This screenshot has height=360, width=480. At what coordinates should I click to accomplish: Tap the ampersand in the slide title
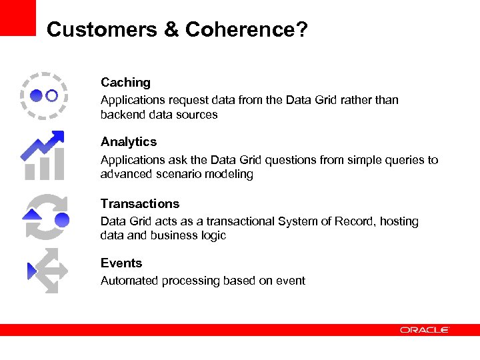(x=169, y=30)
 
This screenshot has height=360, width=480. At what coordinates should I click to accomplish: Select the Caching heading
(x=125, y=83)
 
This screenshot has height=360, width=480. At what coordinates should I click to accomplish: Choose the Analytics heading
(x=129, y=142)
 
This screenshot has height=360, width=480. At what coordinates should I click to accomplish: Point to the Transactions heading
(x=140, y=204)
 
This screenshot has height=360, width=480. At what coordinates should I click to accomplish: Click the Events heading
(x=121, y=263)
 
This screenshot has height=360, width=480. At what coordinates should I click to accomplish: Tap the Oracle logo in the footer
(x=425, y=330)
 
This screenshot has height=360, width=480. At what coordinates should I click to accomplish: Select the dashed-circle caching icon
(x=44, y=95)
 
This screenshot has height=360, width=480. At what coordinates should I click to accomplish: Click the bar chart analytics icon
(x=43, y=156)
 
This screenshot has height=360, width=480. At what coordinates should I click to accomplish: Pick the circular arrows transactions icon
(x=45, y=217)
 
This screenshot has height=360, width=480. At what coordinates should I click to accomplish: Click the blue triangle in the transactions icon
(x=31, y=214)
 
